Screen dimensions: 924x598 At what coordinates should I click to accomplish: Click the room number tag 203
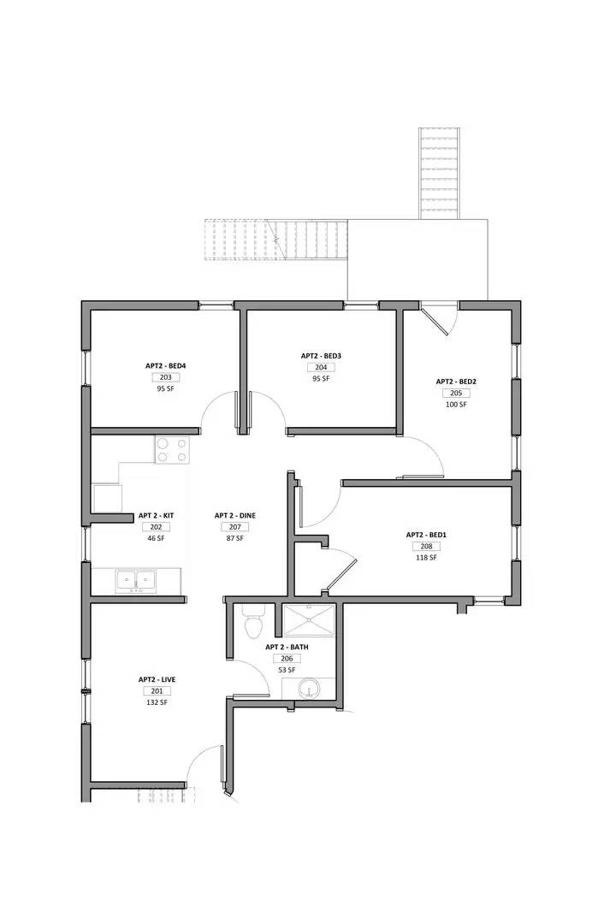pyautogui.click(x=165, y=377)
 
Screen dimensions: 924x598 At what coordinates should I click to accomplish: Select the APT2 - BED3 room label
pyautogui.click(x=321, y=356)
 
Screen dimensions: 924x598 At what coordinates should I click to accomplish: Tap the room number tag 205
pyautogui.click(x=456, y=394)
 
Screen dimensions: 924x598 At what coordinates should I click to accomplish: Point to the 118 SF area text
pyautogui.click(x=426, y=558)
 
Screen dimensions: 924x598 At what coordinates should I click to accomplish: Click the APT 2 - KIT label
pyautogui.click(x=156, y=516)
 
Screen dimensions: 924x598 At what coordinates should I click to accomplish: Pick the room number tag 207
pyautogui.click(x=234, y=527)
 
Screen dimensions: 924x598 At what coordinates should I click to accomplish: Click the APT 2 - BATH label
pyautogui.click(x=287, y=648)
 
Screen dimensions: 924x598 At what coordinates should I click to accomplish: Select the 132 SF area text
pyautogui.click(x=157, y=702)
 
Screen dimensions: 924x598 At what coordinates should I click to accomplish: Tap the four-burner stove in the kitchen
pyautogui.click(x=172, y=450)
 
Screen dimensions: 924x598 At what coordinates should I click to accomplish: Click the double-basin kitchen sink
pyautogui.click(x=136, y=581)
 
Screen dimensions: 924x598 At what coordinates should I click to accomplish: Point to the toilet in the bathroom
pyautogui.click(x=252, y=624)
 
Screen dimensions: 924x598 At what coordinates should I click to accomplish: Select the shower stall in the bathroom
pyautogui.click(x=310, y=620)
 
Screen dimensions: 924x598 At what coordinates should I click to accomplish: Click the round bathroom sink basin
pyautogui.click(x=310, y=689)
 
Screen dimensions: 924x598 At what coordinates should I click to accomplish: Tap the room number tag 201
pyautogui.click(x=157, y=691)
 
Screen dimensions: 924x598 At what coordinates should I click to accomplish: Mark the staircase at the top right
pyautogui.click(x=437, y=174)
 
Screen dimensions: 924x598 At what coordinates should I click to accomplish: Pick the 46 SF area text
pyautogui.click(x=156, y=539)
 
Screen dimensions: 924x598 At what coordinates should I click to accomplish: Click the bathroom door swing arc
pyautogui.click(x=250, y=680)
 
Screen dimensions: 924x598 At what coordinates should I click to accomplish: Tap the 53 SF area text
pyautogui.click(x=287, y=670)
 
